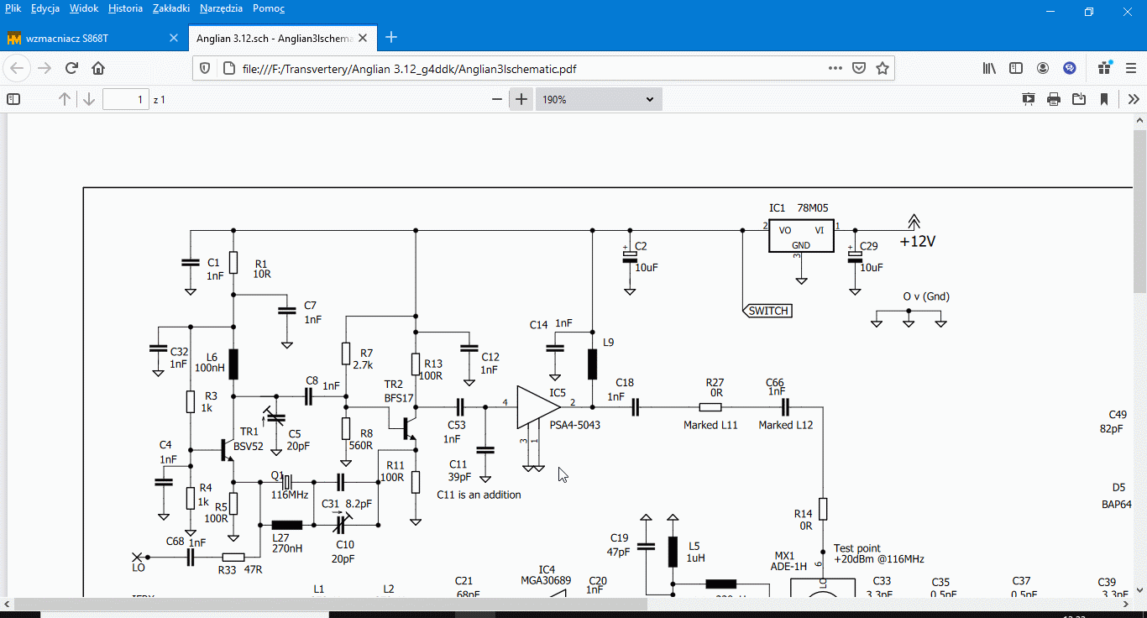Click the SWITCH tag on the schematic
[768, 311]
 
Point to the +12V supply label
[917, 242]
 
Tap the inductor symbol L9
[592, 364]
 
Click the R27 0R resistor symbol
[715, 407]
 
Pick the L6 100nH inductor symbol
[233, 364]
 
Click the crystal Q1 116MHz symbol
[286, 482]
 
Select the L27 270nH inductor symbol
[286, 525]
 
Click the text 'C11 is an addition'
[479, 495]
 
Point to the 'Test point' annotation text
[856, 548]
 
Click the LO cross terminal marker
[138, 557]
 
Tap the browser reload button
[71, 68]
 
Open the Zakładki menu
[170, 8]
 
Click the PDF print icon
[1054, 99]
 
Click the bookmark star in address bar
[883, 68]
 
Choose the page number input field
[125, 99]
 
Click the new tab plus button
[390, 38]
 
